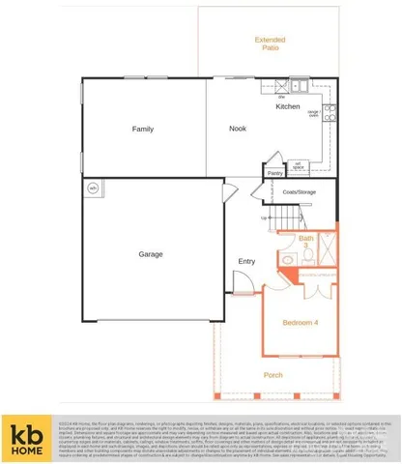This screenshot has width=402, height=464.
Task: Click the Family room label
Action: tap(143, 129)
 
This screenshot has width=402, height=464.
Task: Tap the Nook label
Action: tap(238, 129)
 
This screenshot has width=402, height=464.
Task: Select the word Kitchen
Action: tap(288, 106)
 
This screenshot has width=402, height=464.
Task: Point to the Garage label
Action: tap(150, 254)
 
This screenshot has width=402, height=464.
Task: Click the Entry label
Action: tap(246, 261)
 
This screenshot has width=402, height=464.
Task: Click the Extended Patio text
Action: tap(271, 43)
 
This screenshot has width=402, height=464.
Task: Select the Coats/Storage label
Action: tap(300, 192)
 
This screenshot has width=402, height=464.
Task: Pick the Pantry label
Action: tap(275, 173)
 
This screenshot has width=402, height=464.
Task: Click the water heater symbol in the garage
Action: tap(94, 187)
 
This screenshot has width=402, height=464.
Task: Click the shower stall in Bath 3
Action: tap(325, 248)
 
